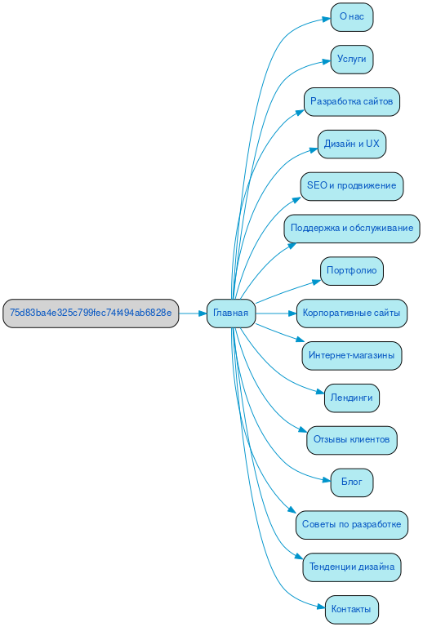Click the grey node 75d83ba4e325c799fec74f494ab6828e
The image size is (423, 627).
(x=91, y=313)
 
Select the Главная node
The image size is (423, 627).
(x=231, y=313)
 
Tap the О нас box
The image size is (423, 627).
(x=351, y=16)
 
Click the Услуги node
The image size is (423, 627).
(x=351, y=59)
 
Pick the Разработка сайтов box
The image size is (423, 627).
(x=351, y=101)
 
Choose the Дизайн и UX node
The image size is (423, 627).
(x=351, y=144)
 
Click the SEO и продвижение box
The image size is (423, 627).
(x=351, y=186)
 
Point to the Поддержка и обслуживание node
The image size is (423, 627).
(x=351, y=229)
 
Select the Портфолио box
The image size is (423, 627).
(x=351, y=270)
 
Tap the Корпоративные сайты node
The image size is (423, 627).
(x=351, y=313)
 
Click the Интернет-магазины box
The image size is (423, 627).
(x=351, y=355)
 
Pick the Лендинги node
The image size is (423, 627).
(x=351, y=398)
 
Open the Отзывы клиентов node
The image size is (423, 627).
(x=351, y=440)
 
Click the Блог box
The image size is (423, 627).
(x=351, y=482)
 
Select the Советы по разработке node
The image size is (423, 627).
(x=351, y=524)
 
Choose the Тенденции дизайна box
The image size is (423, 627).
(x=351, y=567)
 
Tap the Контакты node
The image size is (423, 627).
(x=351, y=609)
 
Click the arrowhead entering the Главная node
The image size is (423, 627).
(x=202, y=313)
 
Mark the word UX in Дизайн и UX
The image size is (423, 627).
(x=372, y=144)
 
